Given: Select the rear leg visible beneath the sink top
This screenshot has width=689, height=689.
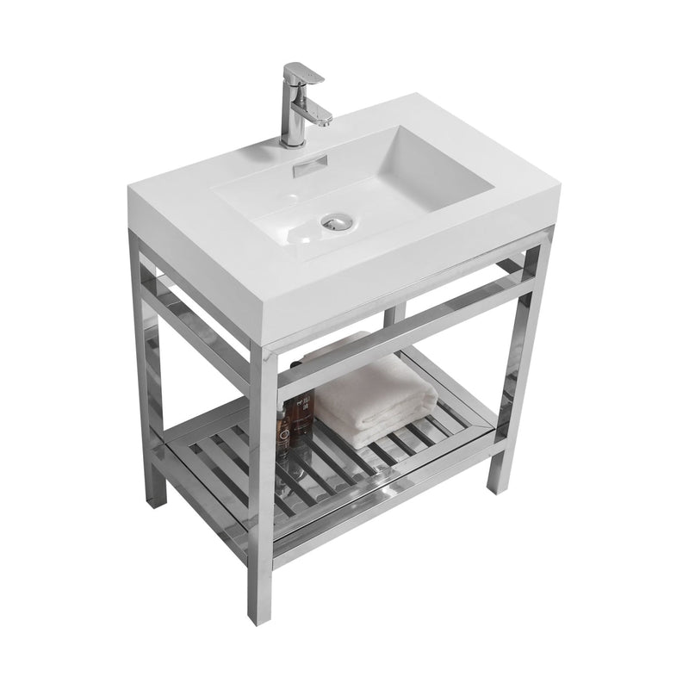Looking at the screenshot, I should point(390,315).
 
